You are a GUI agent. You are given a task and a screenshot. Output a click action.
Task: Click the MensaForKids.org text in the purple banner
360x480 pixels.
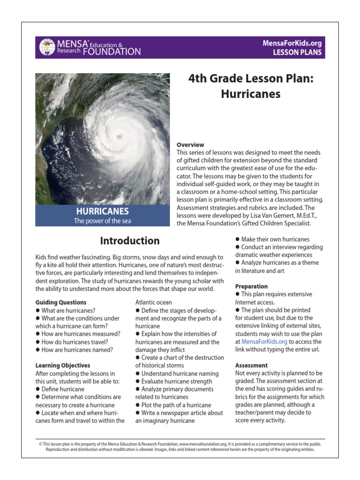coord(292,43)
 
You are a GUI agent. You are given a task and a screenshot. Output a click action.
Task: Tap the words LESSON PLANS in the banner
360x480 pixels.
coord(298,52)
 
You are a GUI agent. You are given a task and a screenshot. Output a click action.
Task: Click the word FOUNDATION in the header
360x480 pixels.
coord(112,51)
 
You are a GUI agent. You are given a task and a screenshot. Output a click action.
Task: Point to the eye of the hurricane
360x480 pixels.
coord(119,136)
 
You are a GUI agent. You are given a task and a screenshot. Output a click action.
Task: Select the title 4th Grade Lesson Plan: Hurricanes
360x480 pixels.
coord(251,86)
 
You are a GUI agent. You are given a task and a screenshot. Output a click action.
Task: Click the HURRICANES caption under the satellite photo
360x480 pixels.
coord(103,211)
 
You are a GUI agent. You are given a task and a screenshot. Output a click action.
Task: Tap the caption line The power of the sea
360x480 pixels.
coord(103,221)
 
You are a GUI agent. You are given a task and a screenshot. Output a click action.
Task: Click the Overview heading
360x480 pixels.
coord(190,145)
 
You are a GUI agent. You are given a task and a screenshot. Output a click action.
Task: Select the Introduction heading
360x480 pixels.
coord(130,241)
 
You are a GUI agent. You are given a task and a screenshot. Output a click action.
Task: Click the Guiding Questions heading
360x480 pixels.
coord(61,302)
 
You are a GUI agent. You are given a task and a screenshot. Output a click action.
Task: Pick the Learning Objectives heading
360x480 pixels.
coord(63,365)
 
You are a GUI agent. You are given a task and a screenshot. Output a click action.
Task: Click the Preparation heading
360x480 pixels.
coord(251,286)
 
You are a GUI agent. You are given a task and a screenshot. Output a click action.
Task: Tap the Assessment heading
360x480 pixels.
coord(251,365)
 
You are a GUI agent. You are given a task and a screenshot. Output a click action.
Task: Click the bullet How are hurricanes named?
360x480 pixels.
coord(77,350)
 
